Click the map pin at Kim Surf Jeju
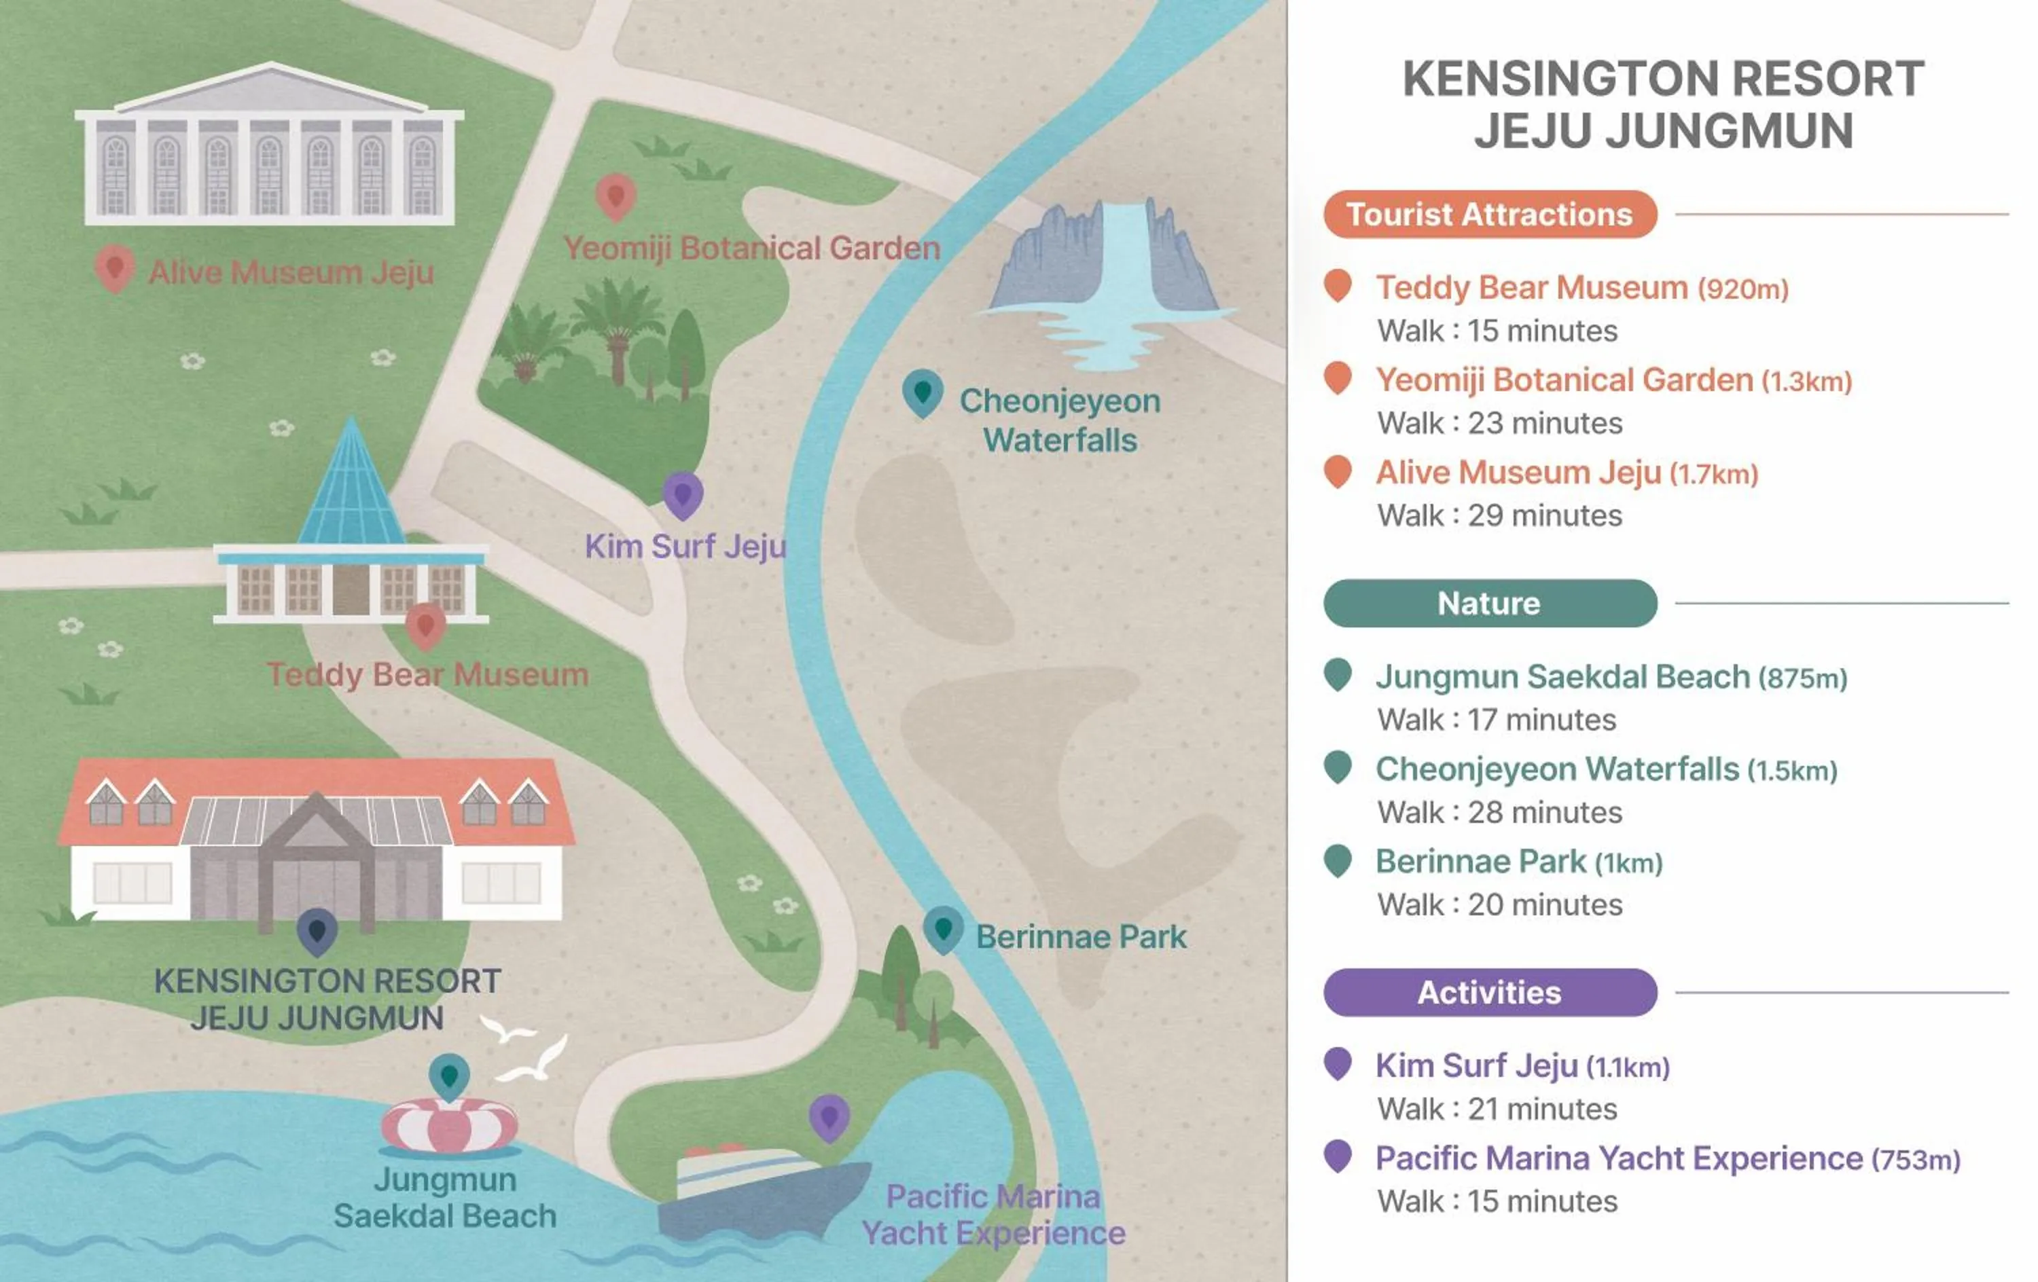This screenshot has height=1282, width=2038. coord(682,494)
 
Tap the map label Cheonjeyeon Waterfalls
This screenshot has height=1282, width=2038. coord(1060,420)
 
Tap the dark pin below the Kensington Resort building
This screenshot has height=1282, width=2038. coord(317,931)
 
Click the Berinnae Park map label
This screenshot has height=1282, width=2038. coord(1081,937)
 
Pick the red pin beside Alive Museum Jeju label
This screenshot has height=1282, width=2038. coord(114,268)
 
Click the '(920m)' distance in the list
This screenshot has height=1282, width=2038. coord(1743,289)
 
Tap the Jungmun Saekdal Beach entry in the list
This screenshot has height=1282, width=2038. coord(1562,677)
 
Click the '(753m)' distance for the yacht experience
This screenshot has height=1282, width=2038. coord(1915,1159)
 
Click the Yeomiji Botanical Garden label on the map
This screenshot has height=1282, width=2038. coord(751,248)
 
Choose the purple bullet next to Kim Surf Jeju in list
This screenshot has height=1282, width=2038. coord(1337,1063)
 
